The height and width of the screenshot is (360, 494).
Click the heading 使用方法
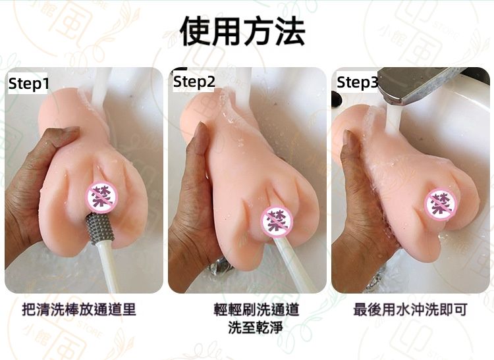click(x=242, y=30)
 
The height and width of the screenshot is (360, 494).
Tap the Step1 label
click(x=29, y=84)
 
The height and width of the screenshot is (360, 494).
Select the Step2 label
click(x=194, y=82)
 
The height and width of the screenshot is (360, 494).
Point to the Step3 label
click(x=357, y=82)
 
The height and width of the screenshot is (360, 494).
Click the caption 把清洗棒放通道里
click(x=79, y=309)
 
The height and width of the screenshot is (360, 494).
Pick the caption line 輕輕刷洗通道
click(x=256, y=309)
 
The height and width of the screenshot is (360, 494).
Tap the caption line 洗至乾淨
click(x=256, y=327)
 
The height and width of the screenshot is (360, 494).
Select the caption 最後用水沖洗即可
click(x=410, y=309)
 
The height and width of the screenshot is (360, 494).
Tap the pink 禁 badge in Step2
click(x=277, y=222)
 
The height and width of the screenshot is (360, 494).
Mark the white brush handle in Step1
click(x=107, y=267)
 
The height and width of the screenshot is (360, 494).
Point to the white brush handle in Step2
click(x=292, y=265)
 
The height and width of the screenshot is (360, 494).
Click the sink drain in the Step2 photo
click(x=220, y=267)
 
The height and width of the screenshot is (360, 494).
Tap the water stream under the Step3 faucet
click(x=393, y=120)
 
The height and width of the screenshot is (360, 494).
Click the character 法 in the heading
click(x=290, y=31)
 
